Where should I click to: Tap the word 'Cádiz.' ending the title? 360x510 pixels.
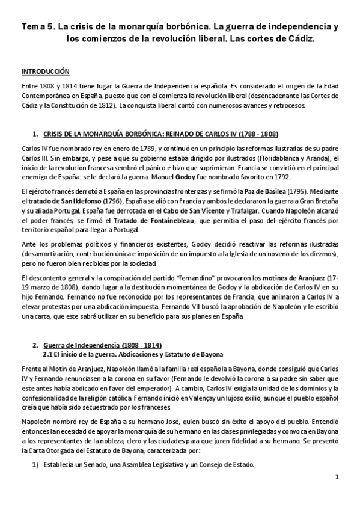[297, 38]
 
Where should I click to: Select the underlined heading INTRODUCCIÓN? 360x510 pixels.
[46, 70]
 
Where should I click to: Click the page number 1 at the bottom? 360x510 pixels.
[338, 478]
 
